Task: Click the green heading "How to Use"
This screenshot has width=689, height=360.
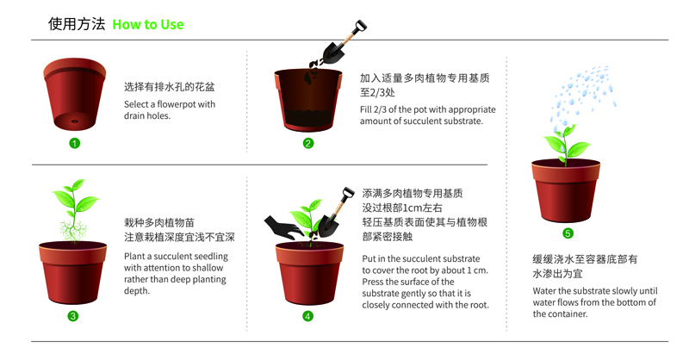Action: [x=148, y=25]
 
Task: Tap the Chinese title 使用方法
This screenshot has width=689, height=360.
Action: [x=77, y=24]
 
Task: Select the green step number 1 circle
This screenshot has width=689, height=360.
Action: [x=75, y=143]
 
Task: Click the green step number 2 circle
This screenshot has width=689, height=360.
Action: [x=308, y=143]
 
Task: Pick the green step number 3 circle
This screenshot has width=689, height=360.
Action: [x=73, y=316]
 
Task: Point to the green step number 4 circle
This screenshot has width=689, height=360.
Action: [x=308, y=316]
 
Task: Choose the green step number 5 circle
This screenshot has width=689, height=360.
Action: [x=568, y=233]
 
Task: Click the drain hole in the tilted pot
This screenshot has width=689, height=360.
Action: [x=75, y=121]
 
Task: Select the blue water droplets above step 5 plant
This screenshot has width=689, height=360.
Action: [x=582, y=95]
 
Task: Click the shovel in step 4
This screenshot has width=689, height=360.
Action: [x=335, y=213]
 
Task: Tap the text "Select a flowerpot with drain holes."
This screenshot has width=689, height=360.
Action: [x=170, y=110]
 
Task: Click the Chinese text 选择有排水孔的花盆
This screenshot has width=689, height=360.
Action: [x=169, y=87]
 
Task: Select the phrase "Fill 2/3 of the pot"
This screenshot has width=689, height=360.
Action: [x=394, y=109]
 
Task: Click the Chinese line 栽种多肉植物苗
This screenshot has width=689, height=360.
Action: [x=159, y=223]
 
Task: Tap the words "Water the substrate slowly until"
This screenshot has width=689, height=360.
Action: [x=595, y=291]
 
